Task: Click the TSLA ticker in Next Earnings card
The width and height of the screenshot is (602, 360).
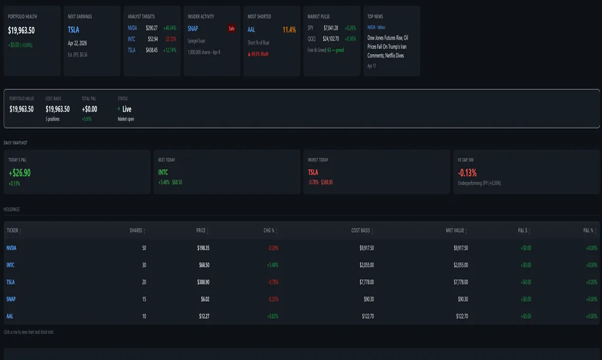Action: pyautogui.click(x=73, y=30)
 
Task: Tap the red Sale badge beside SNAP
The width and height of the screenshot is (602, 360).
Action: pyautogui.click(x=231, y=28)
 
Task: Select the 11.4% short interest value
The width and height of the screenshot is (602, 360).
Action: pyautogui.click(x=289, y=30)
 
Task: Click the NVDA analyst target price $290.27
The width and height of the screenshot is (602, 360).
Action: pyautogui.click(x=152, y=28)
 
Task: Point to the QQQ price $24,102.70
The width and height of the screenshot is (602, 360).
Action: pyautogui.click(x=331, y=39)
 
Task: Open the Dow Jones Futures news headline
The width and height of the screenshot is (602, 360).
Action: pyautogui.click(x=388, y=46)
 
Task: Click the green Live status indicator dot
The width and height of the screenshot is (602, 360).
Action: pyautogui.click(x=119, y=109)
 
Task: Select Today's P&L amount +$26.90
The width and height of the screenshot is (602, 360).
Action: pyautogui.click(x=19, y=172)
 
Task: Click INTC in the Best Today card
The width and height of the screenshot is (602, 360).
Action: pyautogui.click(x=163, y=172)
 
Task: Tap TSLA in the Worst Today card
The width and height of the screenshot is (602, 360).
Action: pyautogui.click(x=313, y=172)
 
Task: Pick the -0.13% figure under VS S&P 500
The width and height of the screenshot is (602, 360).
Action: pyautogui.click(x=467, y=172)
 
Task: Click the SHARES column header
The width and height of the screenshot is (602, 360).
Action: pyautogui.click(x=136, y=231)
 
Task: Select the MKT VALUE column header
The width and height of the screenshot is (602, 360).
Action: pyautogui.click(x=455, y=231)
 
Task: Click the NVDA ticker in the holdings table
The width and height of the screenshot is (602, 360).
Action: pyautogui.click(x=11, y=248)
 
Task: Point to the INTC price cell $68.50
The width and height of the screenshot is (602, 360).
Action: pyautogui.click(x=204, y=265)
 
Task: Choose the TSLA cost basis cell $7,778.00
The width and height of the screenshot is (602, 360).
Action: pyautogui.click(x=366, y=282)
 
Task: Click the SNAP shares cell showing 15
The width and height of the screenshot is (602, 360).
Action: pyautogui.click(x=144, y=299)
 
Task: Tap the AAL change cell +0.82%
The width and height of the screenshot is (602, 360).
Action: pyautogui.click(x=272, y=316)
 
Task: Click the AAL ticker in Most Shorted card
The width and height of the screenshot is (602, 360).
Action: pyautogui.click(x=251, y=30)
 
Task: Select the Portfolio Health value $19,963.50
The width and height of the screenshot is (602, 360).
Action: pyautogui.click(x=21, y=30)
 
